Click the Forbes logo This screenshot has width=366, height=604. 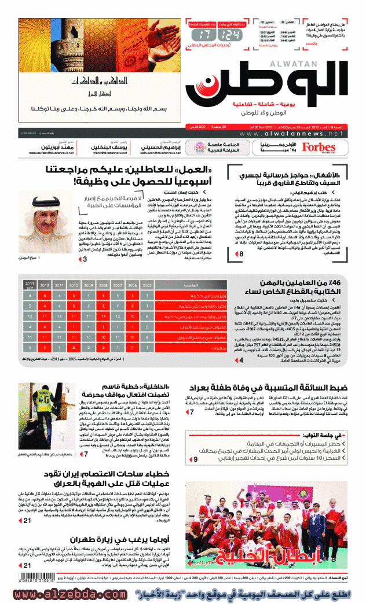319,148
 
